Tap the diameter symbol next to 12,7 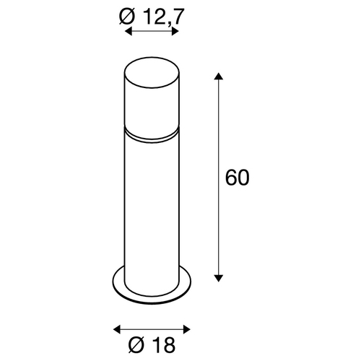click(x=127, y=17)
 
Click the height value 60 click(x=238, y=178)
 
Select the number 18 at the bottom click(x=162, y=344)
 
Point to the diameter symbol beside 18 click(x=137, y=344)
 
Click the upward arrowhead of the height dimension click(x=218, y=76)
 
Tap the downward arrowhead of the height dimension click(x=218, y=278)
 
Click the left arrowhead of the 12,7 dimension click(x=129, y=31)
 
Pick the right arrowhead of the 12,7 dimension click(x=175, y=31)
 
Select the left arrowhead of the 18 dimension click(x=117, y=329)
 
